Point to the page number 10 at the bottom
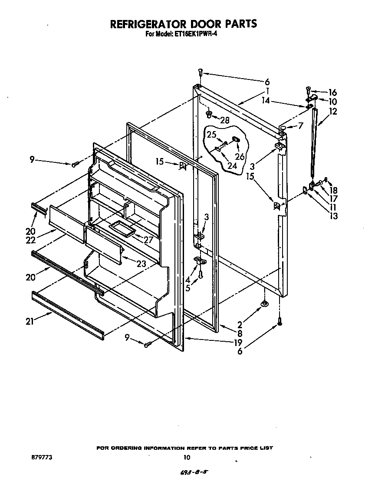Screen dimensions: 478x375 [x=187, y=457]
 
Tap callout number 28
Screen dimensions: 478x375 [x=224, y=120]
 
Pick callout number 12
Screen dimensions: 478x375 [x=333, y=111]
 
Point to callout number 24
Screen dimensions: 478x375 [x=232, y=165]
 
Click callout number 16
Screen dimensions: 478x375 [x=332, y=92]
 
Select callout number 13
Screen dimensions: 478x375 [x=333, y=216]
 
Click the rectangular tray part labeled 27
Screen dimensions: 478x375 [x=122, y=227]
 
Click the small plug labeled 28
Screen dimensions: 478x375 [x=209, y=115]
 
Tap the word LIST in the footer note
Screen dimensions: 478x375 [x=266, y=448]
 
